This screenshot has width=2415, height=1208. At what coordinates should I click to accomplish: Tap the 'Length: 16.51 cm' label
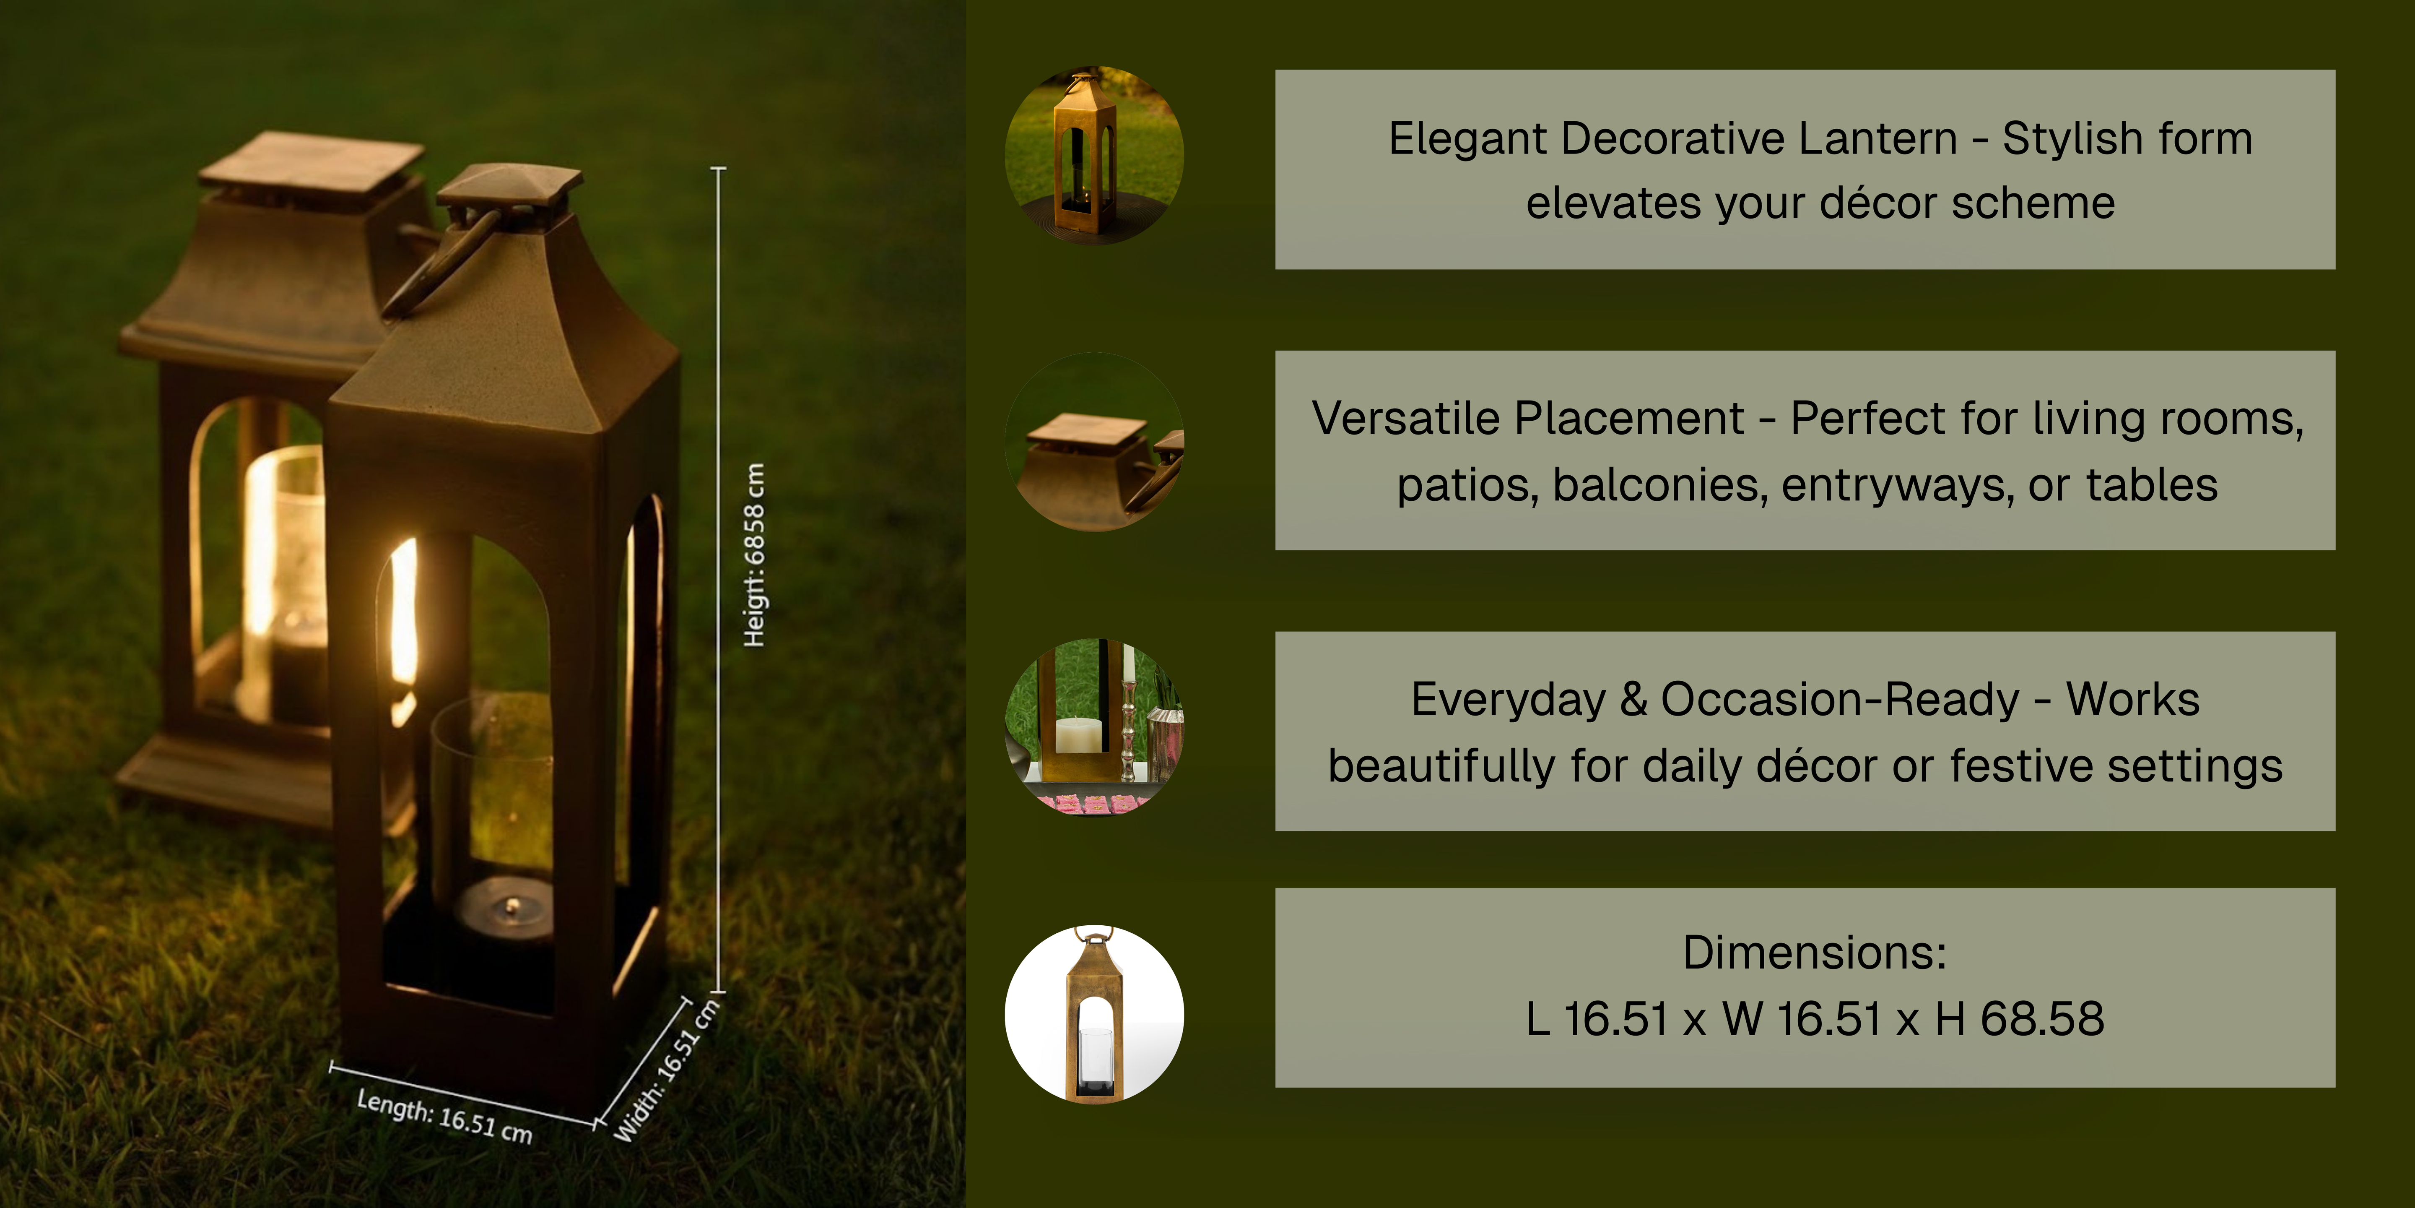444,1116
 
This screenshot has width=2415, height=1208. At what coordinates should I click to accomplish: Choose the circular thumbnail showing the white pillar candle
1094,727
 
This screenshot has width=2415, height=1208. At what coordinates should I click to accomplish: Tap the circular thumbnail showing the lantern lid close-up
1094,442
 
